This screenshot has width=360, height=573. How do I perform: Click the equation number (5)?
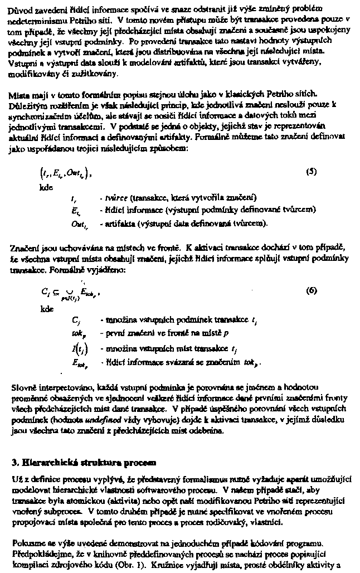[x=312, y=172]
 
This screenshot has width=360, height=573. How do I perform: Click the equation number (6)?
[x=312, y=291]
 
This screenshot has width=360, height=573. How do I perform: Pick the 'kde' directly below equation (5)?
[x=46, y=187]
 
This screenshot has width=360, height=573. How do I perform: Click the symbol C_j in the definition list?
[x=76, y=321]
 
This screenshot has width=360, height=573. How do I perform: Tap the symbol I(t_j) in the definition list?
[x=77, y=348]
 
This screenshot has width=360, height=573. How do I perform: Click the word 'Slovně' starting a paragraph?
[x=23, y=387]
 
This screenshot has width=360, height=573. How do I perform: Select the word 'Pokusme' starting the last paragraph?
[x=26, y=543]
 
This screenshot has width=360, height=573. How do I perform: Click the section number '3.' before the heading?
[x=15, y=462]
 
